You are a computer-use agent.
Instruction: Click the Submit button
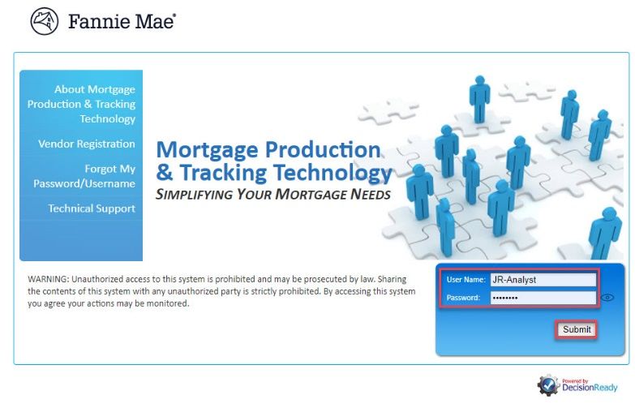[577, 329]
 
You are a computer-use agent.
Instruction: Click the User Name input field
[543, 280]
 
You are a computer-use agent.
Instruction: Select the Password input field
[543, 298]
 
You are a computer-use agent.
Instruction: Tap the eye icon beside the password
[607, 298]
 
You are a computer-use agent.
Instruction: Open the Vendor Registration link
[87, 144]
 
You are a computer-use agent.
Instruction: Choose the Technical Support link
[92, 208]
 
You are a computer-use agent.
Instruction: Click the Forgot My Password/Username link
[84, 176]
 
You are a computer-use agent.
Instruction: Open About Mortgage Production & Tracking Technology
[81, 104]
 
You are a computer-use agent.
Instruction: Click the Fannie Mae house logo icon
[45, 21]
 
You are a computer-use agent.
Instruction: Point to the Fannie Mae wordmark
[122, 21]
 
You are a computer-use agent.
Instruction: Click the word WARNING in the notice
[49, 279]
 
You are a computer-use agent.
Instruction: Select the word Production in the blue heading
[323, 150]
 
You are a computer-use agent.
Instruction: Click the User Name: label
[466, 280]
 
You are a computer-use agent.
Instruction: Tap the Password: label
[463, 298]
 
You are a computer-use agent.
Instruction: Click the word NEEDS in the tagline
[371, 194]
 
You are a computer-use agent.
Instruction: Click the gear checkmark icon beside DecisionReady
[548, 385]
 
